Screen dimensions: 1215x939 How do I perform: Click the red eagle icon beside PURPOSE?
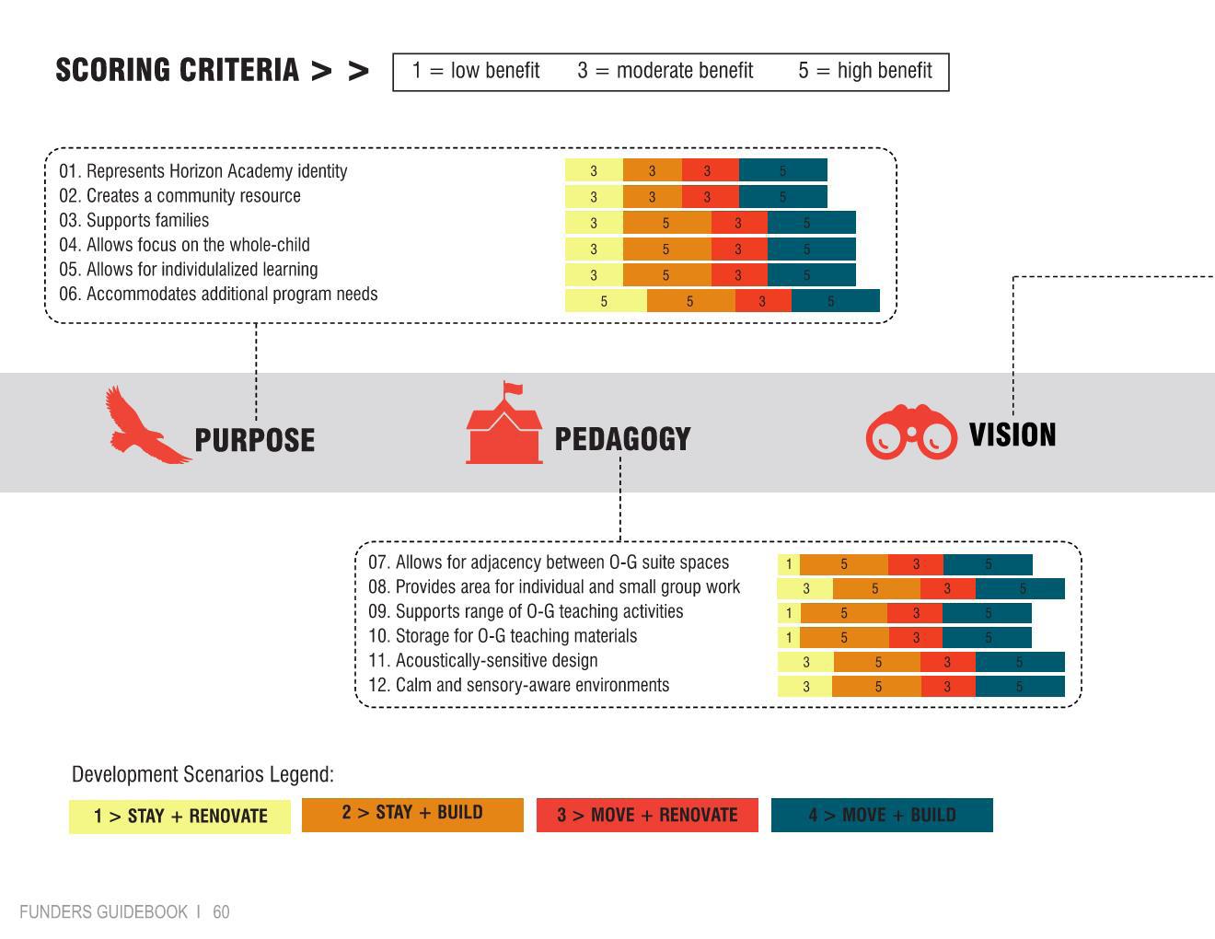145,426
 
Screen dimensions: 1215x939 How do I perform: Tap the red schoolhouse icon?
503,426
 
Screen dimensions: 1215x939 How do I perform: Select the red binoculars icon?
910,432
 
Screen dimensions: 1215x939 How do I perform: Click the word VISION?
1012,435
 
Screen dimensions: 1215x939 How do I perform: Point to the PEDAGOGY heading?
622,439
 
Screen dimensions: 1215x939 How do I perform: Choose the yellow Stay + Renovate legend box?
179,816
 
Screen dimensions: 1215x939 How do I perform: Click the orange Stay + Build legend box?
412,814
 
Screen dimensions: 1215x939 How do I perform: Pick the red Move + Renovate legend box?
647,815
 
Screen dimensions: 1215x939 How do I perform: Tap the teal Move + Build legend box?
882,815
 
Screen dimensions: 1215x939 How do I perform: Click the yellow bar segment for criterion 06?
606,301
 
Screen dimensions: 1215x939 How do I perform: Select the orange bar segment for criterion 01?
652,170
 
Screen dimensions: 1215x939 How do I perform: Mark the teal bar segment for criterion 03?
811,223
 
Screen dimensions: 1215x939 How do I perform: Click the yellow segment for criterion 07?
789,564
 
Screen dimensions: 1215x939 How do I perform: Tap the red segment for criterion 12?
947,686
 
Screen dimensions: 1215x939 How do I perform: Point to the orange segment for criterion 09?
843,613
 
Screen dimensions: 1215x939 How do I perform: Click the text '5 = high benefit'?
864,71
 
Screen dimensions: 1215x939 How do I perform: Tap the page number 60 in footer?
221,912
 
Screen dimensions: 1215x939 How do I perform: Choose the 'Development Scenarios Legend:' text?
202,774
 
